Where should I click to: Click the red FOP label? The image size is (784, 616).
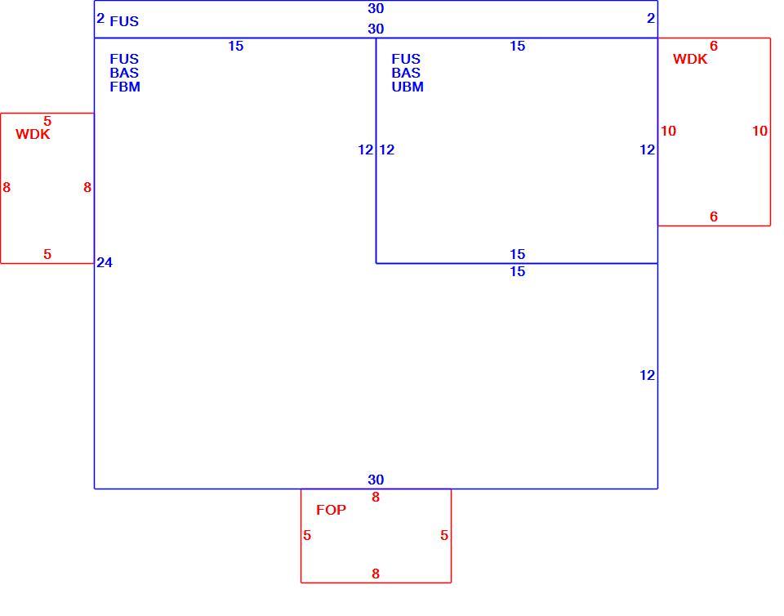[331, 510]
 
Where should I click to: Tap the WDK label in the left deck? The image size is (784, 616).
[33, 134]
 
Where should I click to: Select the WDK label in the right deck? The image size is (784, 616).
[690, 59]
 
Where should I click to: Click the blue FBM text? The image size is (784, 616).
[125, 87]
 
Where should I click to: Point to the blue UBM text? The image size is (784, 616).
[408, 87]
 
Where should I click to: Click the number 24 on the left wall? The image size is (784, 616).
[105, 262]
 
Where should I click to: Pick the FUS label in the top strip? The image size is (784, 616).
[124, 21]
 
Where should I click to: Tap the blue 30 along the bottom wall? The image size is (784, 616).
[376, 480]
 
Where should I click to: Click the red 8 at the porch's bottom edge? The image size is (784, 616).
[376, 574]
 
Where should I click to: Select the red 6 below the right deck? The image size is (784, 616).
[714, 216]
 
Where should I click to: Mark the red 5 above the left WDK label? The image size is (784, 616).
[47, 121]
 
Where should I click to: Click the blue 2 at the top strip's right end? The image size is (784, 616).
[651, 19]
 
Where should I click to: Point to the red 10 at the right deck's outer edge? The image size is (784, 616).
[760, 131]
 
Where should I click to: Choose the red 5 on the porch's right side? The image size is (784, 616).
[444, 535]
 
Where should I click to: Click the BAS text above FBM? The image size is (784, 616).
[124, 73]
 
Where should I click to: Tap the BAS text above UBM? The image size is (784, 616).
[406, 73]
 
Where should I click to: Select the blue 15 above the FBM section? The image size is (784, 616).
[236, 47]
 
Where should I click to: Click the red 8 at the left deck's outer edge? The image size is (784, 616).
[7, 188]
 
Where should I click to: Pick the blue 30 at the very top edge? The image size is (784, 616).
[376, 8]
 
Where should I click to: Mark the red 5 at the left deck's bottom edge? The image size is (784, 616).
[47, 255]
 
